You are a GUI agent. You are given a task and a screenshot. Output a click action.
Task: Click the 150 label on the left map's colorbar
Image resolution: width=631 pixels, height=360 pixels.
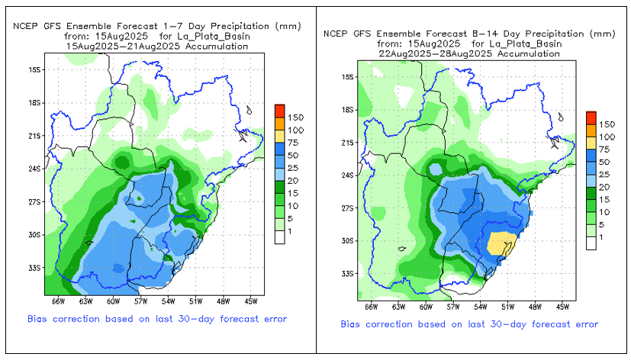[296, 117]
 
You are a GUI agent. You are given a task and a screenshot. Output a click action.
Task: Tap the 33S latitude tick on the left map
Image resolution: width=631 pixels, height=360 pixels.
[35, 268]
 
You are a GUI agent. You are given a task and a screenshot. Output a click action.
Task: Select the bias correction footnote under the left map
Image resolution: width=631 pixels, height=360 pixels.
[157, 318]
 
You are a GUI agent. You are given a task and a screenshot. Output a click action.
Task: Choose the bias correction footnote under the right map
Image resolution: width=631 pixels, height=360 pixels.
[469, 324]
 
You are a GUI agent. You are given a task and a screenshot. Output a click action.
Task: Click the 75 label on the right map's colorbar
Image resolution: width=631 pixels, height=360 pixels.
[606, 149]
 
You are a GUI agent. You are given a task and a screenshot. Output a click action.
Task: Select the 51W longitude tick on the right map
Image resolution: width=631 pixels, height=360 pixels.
[508, 306]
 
